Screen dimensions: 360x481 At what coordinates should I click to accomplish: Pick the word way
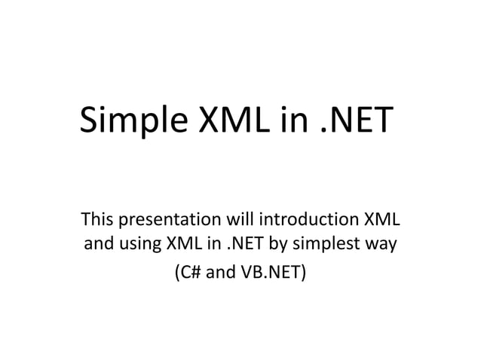(383, 246)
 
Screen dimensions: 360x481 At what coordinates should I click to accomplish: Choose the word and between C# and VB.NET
(221, 271)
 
